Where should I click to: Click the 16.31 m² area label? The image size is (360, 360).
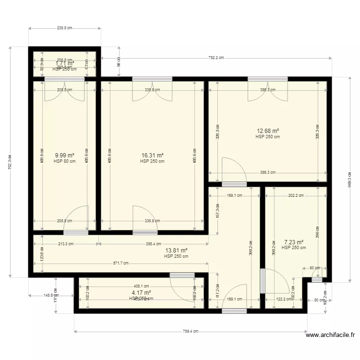(x=152, y=156)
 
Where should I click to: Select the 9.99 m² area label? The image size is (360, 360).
(x=64, y=156)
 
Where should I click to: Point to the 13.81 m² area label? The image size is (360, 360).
(x=176, y=250)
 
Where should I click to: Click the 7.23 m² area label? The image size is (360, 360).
(x=293, y=242)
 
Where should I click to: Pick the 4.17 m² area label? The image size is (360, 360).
(x=141, y=292)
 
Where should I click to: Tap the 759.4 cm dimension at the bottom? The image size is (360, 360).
(x=191, y=331)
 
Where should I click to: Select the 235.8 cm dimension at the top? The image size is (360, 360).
(x=64, y=28)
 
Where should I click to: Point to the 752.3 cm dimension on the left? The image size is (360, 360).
(x=10, y=162)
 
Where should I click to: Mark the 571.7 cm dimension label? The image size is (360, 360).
(x=120, y=264)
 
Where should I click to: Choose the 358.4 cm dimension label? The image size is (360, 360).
(x=154, y=244)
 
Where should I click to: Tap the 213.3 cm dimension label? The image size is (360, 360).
(x=65, y=244)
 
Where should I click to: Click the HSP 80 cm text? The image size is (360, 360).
(x=64, y=161)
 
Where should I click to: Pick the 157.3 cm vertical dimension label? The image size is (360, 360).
(x=217, y=211)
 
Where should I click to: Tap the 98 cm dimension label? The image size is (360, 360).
(x=119, y=61)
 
